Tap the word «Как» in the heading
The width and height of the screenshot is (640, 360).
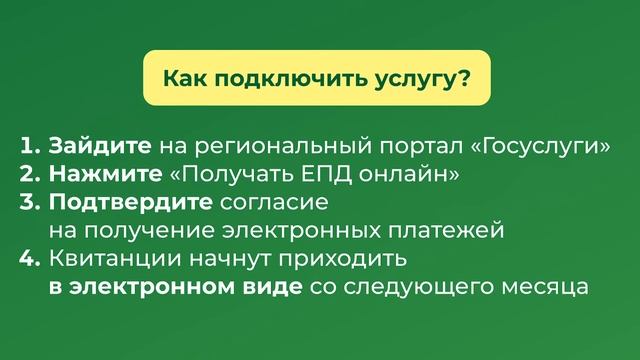pos(183,77)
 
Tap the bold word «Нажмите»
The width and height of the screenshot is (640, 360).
pos(104,175)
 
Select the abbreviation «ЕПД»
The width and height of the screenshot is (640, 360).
pos(315,175)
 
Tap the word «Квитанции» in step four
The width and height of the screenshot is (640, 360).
pos(112,260)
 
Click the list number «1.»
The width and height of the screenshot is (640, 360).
pos(28,146)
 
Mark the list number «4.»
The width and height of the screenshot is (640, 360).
pos(28,260)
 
